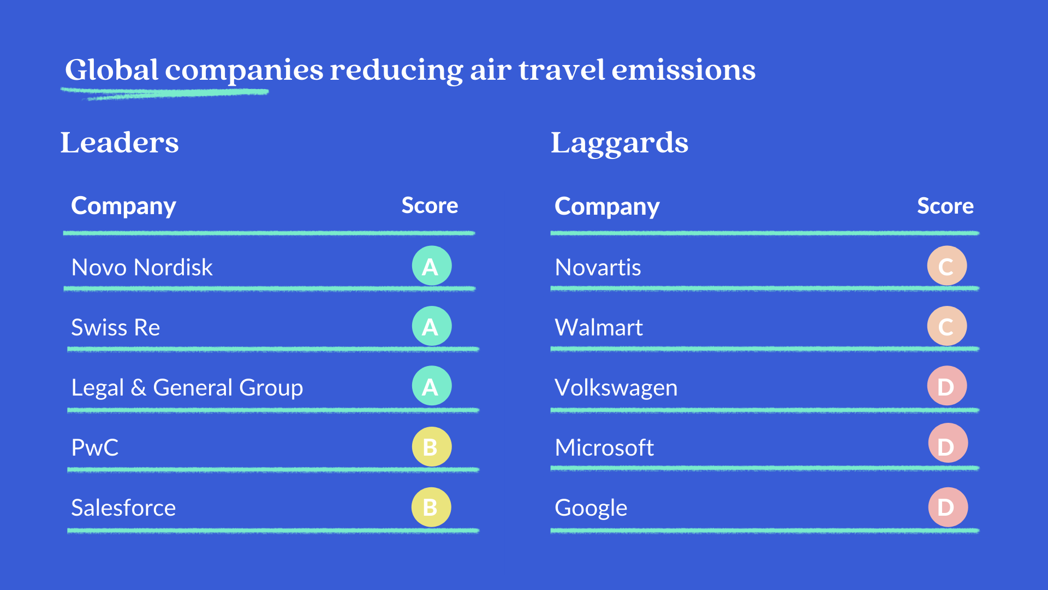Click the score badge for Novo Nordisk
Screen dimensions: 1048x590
[432, 266]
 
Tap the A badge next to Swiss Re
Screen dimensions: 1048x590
[432, 326]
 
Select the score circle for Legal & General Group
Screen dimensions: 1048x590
[432, 386]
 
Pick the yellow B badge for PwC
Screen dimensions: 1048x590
[432, 447]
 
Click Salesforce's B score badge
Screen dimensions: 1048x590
[431, 507]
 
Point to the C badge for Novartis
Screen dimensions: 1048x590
[947, 266]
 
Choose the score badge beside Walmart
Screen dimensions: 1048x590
[947, 326]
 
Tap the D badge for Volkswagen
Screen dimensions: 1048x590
[947, 386]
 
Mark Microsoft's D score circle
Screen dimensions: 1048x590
[948, 443]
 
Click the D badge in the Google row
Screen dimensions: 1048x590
[948, 507]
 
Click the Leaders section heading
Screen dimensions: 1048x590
[120, 143]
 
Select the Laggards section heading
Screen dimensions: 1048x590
[620, 144]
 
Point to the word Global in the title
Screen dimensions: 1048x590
[112, 69]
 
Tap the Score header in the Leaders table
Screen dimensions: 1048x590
[430, 205]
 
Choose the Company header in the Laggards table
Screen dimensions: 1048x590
[607, 206]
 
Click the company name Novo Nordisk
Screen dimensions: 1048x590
[142, 267]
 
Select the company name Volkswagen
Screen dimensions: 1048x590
[616, 388]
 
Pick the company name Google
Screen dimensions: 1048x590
[591, 508]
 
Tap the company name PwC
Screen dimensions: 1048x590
[95, 447]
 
